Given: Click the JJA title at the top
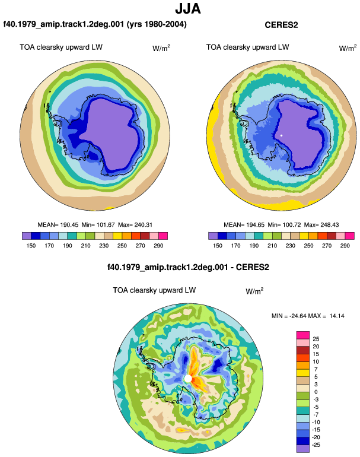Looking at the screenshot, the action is click(x=188, y=9).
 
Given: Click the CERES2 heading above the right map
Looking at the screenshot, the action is click(x=281, y=25).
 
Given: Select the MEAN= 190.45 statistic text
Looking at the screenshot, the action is click(x=58, y=225).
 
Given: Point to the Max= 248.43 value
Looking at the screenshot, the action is click(x=321, y=225).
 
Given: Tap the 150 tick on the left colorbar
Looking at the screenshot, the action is click(x=31, y=246).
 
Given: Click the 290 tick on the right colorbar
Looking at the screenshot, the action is click(x=345, y=246).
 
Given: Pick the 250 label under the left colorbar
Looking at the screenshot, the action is click(x=122, y=246).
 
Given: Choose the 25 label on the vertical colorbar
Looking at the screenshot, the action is click(x=316, y=339).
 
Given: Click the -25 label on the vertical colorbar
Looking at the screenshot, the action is click(x=316, y=445).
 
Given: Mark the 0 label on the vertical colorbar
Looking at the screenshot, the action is click(x=316, y=392).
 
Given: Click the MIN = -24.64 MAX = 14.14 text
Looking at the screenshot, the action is click(x=308, y=316).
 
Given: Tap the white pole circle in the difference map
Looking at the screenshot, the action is click(x=188, y=379).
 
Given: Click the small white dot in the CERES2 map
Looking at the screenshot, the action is click(x=281, y=135).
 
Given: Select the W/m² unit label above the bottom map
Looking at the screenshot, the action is click(x=254, y=291).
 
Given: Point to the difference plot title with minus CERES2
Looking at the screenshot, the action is click(x=188, y=267).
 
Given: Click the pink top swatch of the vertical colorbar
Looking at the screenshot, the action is click(x=303, y=335).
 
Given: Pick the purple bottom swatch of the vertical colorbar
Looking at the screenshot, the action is click(x=303, y=449).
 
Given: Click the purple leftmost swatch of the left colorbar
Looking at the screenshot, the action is click(x=27, y=236).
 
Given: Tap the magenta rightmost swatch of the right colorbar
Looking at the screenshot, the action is click(x=349, y=236).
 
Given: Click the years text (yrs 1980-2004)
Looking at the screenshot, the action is click(x=157, y=24).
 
